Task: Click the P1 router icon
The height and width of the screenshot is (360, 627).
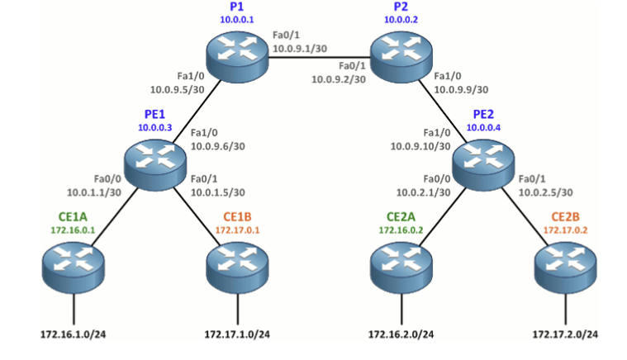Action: [x=237, y=57]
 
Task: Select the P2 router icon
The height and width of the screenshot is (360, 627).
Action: [x=401, y=57]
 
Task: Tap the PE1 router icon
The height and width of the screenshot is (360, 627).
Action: [x=155, y=164]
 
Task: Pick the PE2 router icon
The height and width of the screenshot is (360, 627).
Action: [x=483, y=164]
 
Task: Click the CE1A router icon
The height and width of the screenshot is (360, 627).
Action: [x=74, y=268]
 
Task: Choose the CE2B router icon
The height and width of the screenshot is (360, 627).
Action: [x=565, y=268]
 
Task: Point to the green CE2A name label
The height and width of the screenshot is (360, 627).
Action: [x=401, y=216]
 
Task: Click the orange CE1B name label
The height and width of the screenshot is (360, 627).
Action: [x=237, y=216]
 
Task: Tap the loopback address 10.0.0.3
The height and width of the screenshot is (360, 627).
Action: [x=154, y=127]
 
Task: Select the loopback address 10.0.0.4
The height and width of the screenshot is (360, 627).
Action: [x=483, y=127]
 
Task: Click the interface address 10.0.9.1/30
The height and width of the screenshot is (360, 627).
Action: [x=300, y=49]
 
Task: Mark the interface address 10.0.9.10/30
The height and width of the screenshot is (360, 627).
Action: [x=420, y=147]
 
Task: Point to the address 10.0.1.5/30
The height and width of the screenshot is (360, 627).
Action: [x=217, y=192]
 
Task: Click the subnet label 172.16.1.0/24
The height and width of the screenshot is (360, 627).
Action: [x=74, y=334]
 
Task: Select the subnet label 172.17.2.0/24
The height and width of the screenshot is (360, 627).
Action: [x=565, y=334]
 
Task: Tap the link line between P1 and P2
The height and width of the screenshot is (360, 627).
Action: [x=319, y=58]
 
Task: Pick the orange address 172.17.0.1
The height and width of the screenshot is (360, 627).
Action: [x=238, y=230]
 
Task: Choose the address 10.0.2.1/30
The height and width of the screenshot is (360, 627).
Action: [x=423, y=192]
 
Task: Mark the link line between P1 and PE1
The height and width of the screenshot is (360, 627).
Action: [x=197, y=111]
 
